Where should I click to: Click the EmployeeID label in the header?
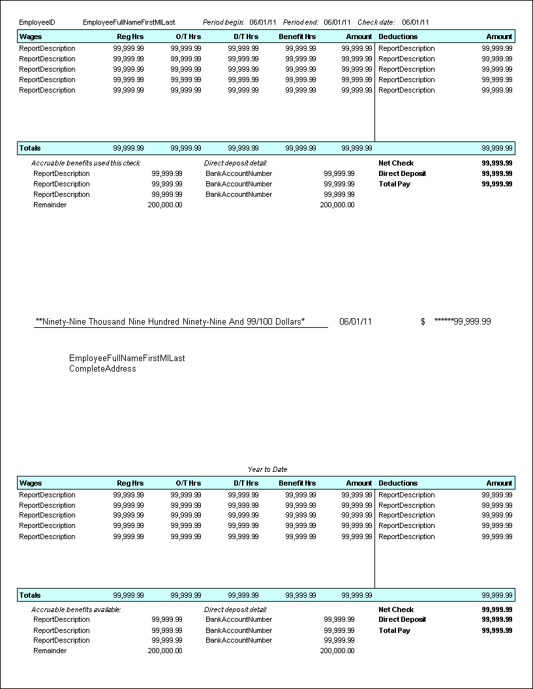click(x=37, y=22)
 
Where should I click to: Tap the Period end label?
click(x=301, y=22)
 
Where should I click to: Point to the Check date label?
click(x=376, y=22)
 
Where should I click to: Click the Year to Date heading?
click(x=267, y=469)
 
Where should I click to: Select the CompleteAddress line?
click(x=102, y=369)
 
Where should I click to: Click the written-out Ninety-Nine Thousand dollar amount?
click(x=170, y=322)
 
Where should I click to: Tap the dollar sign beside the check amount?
click(x=423, y=322)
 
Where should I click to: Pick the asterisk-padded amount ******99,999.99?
click(x=463, y=322)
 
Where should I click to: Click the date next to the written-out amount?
click(x=356, y=322)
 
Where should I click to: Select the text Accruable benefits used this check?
click(x=86, y=163)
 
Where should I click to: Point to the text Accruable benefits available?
click(x=76, y=609)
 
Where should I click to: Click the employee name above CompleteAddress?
click(x=127, y=359)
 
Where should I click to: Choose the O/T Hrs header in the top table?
click(x=188, y=37)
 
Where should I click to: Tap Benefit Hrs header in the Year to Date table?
click(x=297, y=483)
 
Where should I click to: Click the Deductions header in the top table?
click(x=398, y=37)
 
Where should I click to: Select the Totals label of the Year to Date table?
click(x=30, y=595)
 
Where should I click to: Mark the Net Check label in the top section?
click(x=396, y=163)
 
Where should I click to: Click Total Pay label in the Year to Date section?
click(x=394, y=630)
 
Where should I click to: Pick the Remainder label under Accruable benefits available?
click(x=50, y=651)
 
